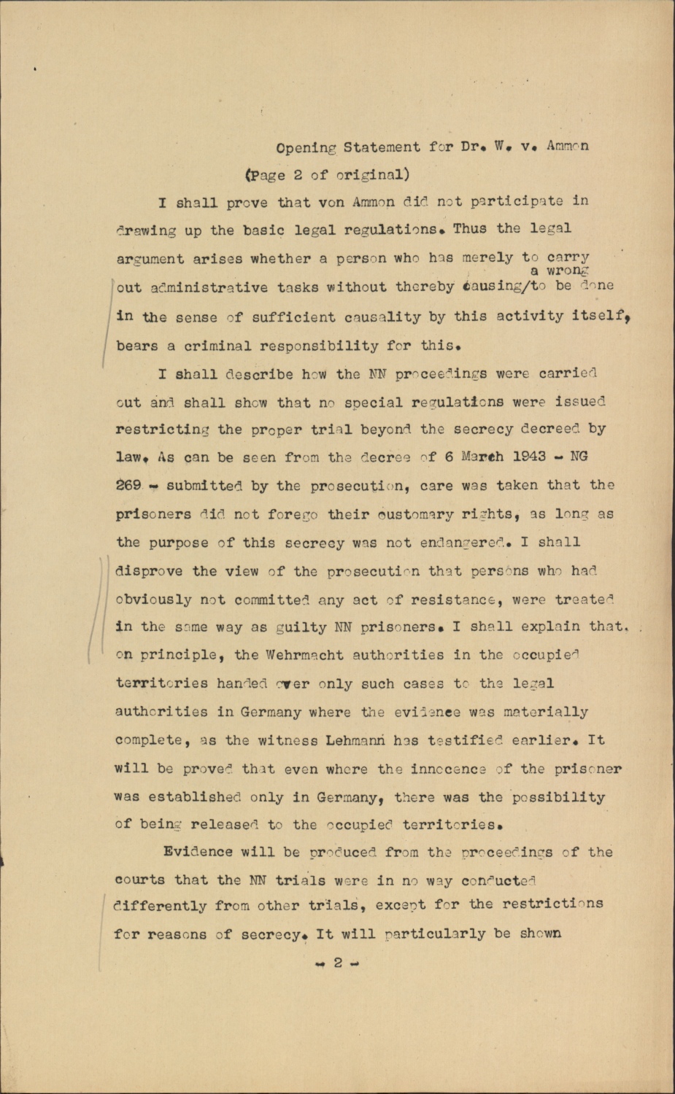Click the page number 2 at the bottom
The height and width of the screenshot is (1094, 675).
click(337, 963)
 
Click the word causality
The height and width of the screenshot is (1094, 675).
click(385, 317)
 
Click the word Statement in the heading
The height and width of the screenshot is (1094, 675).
click(382, 147)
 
